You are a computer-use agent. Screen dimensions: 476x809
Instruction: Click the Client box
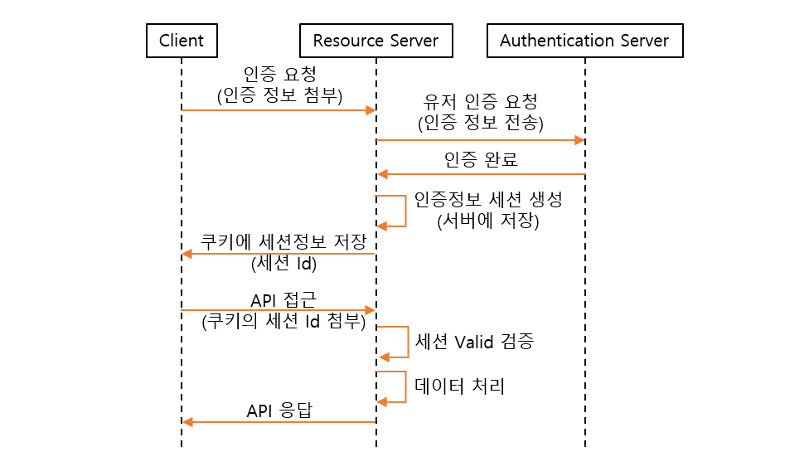pos(181,41)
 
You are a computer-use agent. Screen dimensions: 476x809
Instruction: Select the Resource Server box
pos(375,41)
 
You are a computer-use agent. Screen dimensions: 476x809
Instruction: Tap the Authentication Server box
pos(584,41)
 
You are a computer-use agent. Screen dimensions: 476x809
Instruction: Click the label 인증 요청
pos(279,74)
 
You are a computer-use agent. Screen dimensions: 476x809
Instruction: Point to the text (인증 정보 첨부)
pos(279,95)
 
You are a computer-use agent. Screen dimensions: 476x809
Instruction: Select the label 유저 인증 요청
pos(481,103)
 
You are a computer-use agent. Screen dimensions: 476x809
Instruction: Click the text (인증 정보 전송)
pos(481,124)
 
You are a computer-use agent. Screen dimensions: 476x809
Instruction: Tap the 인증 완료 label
pos(481,159)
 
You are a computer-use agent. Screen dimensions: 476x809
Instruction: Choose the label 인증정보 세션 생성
pos(482,201)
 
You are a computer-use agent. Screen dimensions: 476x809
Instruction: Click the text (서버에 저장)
pos(482,221)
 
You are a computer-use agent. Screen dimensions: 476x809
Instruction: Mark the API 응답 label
pos(279,410)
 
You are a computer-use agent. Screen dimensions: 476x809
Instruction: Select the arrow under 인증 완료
pos(481,174)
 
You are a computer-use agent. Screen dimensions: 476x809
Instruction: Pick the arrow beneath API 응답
pos(279,422)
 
